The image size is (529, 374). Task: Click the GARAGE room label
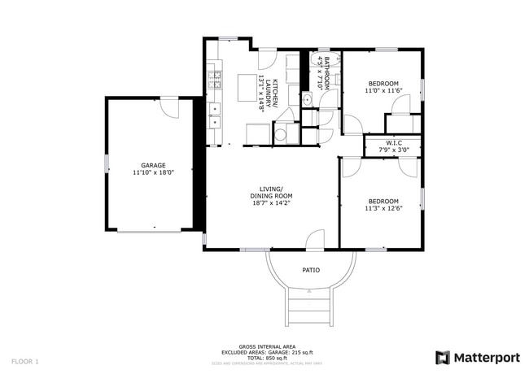(x=153, y=165)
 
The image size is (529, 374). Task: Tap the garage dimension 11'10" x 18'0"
(x=153, y=173)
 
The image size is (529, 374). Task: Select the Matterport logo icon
(x=443, y=358)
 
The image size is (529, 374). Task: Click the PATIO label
(x=311, y=270)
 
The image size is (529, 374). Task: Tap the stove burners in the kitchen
(x=216, y=80)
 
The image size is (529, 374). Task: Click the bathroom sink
(x=307, y=99)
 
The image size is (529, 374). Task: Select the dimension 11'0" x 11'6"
(x=383, y=91)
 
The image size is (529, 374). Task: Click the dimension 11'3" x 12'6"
(x=383, y=209)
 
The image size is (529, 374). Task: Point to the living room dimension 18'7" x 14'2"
(x=271, y=204)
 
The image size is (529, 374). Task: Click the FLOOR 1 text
(x=25, y=360)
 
